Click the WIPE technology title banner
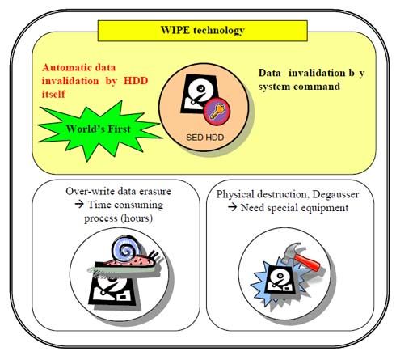tap(203, 31)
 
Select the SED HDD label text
tap(204, 138)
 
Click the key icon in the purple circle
tap(217, 112)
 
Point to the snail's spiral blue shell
tap(126, 249)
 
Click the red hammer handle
tap(307, 260)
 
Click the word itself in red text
tap(53, 95)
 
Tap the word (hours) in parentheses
tap(137, 218)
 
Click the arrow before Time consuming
tap(79, 204)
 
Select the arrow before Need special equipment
tap(232, 207)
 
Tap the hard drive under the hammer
tap(280, 279)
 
